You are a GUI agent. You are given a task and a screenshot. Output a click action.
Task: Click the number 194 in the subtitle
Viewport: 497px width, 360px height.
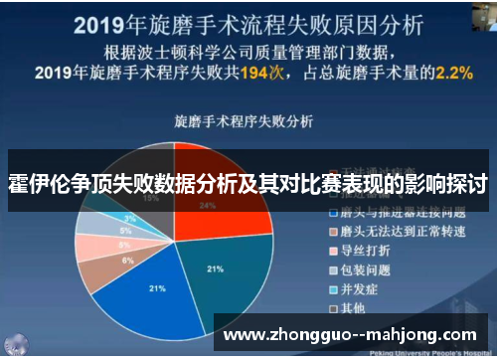(279, 73)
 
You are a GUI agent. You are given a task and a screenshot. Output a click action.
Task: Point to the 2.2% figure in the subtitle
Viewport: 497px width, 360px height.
(447, 72)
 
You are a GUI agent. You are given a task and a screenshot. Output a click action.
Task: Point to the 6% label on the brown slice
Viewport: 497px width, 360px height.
(127, 259)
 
